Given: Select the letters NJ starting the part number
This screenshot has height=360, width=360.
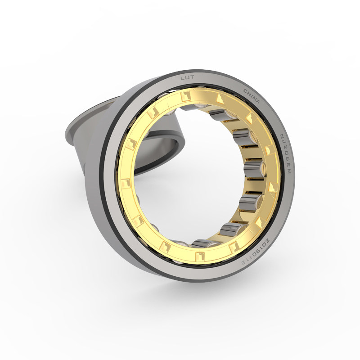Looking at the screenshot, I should pyautogui.click(x=282, y=138).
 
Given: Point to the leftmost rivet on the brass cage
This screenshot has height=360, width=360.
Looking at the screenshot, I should pyautogui.click(x=125, y=183).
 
